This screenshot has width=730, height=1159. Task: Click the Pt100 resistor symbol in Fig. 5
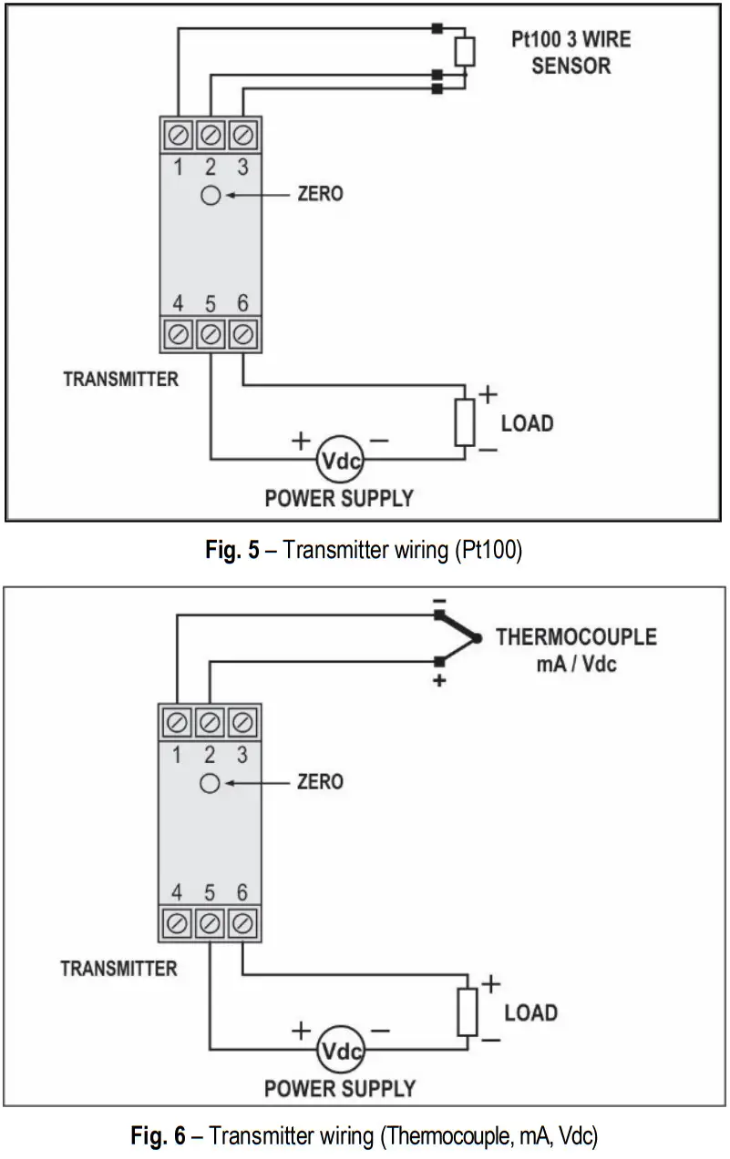465,52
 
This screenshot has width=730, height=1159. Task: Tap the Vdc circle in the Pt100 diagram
340,462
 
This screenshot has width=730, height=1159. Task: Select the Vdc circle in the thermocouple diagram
340,1051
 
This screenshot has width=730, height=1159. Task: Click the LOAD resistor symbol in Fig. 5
465,422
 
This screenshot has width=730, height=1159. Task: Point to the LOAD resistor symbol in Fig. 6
468,1012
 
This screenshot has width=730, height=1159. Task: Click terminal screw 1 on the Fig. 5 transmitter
179,135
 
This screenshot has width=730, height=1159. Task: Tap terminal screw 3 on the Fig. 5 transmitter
242,135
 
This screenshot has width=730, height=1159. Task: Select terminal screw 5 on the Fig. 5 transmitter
211,334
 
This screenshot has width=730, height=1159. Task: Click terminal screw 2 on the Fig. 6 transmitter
211,723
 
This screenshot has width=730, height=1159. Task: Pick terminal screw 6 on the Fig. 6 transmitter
242,923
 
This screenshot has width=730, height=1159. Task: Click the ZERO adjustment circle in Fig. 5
211,195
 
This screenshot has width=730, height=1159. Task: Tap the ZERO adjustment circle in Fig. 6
211,783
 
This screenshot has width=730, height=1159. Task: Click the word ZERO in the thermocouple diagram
321,782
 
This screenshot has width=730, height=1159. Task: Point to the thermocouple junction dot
479,639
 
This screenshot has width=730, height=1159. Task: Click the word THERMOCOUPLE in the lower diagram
576,636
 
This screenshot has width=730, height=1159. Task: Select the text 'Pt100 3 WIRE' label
571,40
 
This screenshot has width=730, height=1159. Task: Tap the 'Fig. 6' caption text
159,1135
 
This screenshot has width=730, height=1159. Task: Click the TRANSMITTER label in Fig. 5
121,379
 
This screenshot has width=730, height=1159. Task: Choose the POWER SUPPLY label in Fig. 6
340,1088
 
